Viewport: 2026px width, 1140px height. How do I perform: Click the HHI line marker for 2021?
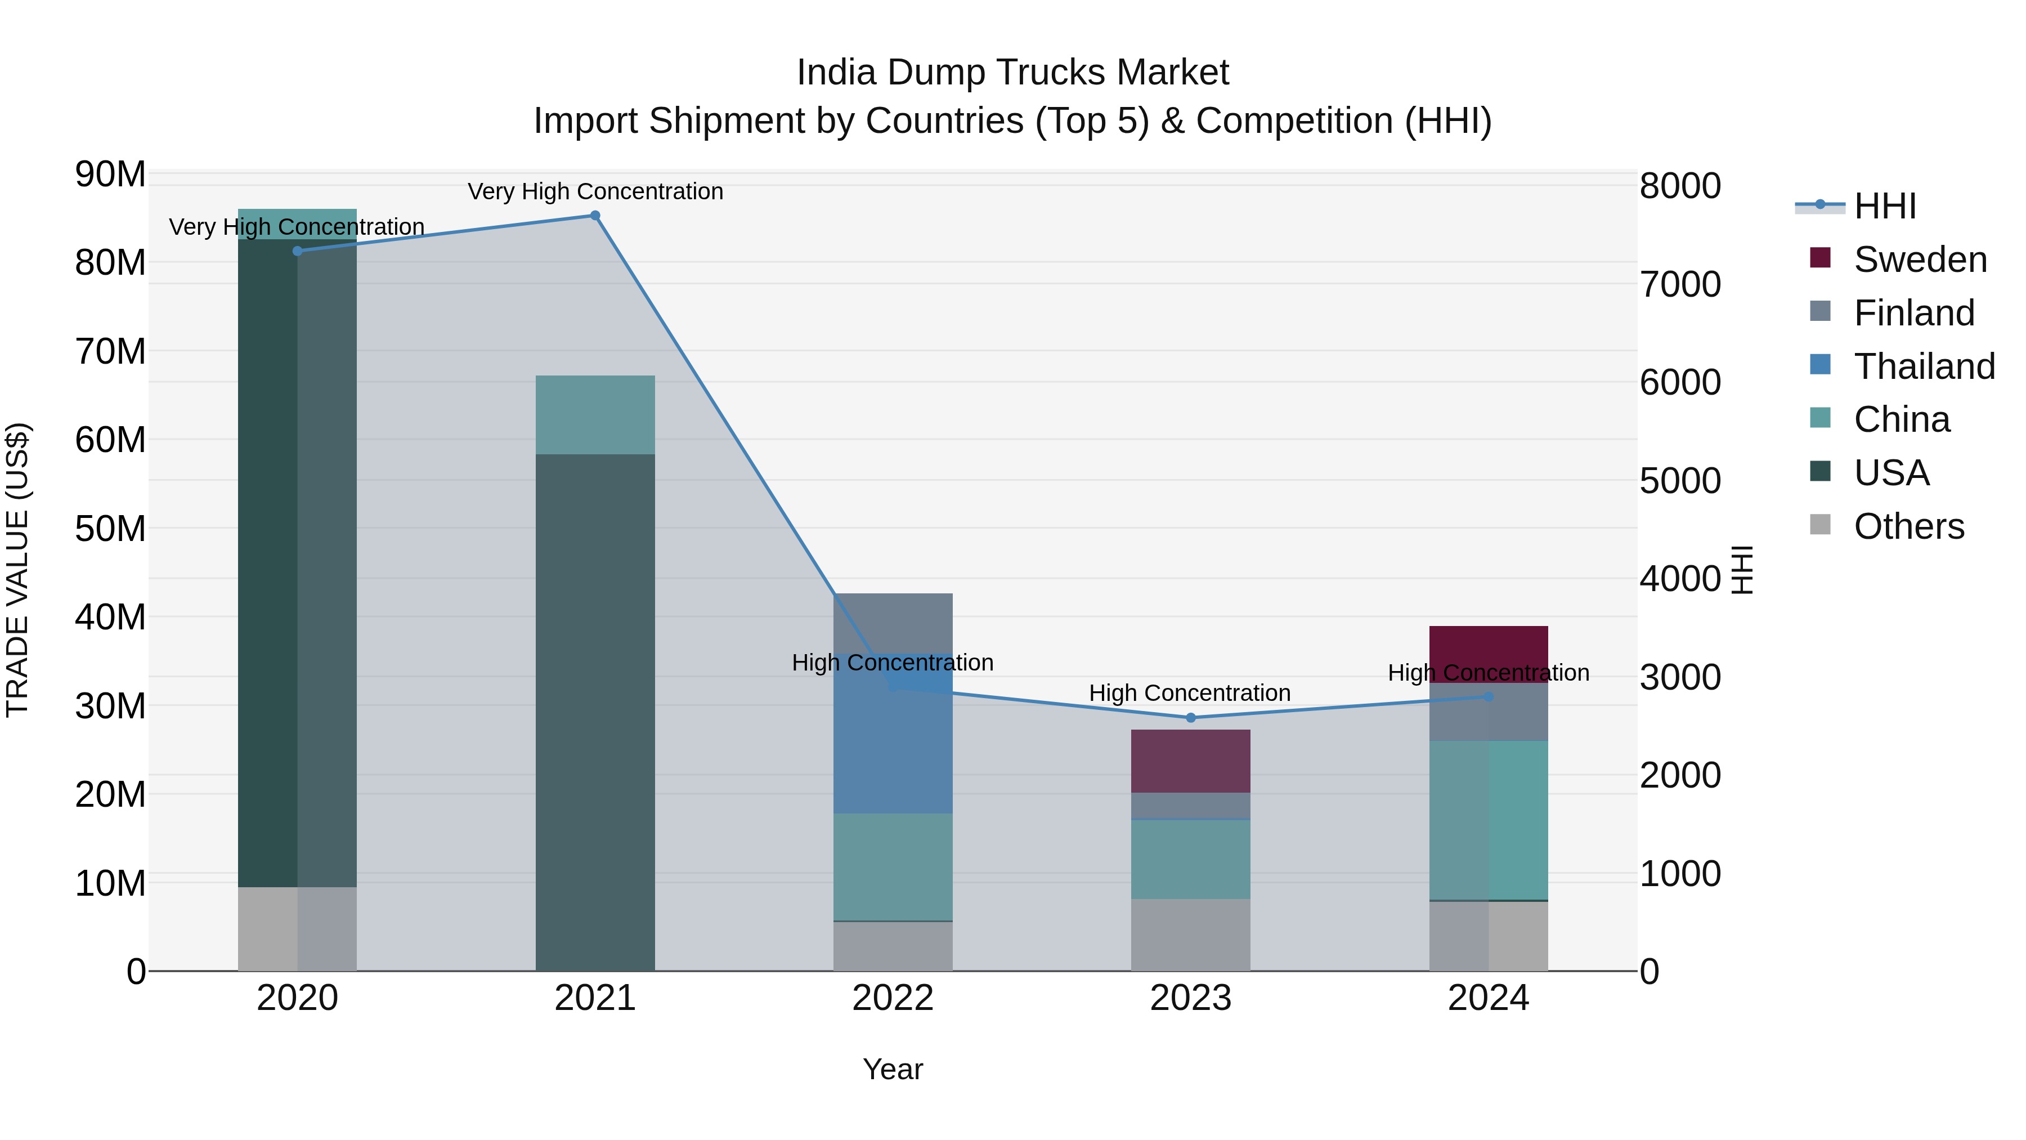coord(595,216)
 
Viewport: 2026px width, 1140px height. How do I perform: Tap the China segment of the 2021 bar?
coord(595,414)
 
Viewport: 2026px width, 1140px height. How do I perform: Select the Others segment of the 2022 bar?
coord(893,946)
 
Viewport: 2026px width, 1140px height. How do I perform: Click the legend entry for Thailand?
coord(1923,366)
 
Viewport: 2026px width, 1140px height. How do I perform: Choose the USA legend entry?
coord(1891,473)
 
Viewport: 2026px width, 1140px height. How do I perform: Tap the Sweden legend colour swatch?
coord(1820,258)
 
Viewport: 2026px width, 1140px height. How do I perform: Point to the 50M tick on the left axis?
coord(110,529)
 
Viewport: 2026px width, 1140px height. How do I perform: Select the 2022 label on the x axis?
coord(893,998)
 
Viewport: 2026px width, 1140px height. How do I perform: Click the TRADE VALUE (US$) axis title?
coord(17,570)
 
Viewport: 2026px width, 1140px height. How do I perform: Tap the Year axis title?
coord(893,1069)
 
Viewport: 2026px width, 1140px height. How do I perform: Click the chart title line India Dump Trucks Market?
coord(1012,73)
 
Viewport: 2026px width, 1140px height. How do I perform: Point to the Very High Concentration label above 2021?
coord(595,191)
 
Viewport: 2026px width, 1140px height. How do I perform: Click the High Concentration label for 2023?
coord(1189,693)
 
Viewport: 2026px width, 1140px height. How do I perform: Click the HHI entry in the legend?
coord(1884,206)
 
